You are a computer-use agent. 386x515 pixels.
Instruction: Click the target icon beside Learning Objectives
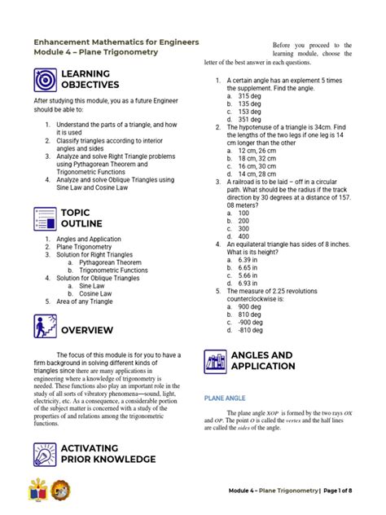point(45,79)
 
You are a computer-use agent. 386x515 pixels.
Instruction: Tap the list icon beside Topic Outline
point(45,218)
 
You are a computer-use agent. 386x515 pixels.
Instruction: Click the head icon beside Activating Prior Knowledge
point(45,454)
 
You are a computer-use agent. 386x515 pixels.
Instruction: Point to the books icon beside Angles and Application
point(216,361)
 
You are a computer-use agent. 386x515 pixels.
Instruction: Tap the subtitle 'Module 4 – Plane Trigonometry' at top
point(95,52)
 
